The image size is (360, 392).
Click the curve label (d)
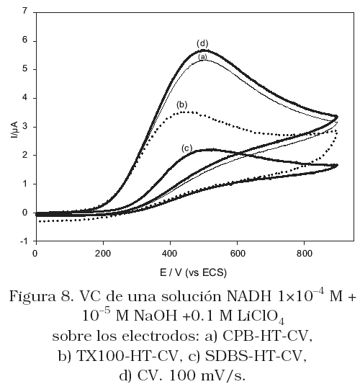click(x=202, y=44)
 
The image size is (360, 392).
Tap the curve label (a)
click(x=202, y=57)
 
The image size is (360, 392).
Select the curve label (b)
click(x=181, y=104)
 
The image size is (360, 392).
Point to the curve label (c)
click(x=186, y=148)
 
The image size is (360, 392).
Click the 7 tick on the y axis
click(x=25, y=12)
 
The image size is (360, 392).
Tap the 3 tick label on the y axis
click(x=25, y=127)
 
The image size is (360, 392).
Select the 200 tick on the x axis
click(x=103, y=254)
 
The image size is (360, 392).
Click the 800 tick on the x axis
click(x=304, y=254)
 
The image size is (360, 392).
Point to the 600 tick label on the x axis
click(x=237, y=254)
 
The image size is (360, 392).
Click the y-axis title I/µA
click(x=14, y=130)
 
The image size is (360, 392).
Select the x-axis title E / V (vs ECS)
click(x=193, y=272)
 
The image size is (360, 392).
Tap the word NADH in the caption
click(x=250, y=297)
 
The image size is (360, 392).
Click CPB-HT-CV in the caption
click(x=267, y=337)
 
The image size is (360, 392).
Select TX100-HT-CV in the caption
click(x=129, y=356)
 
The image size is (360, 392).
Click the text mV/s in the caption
click(x=223, y=375)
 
